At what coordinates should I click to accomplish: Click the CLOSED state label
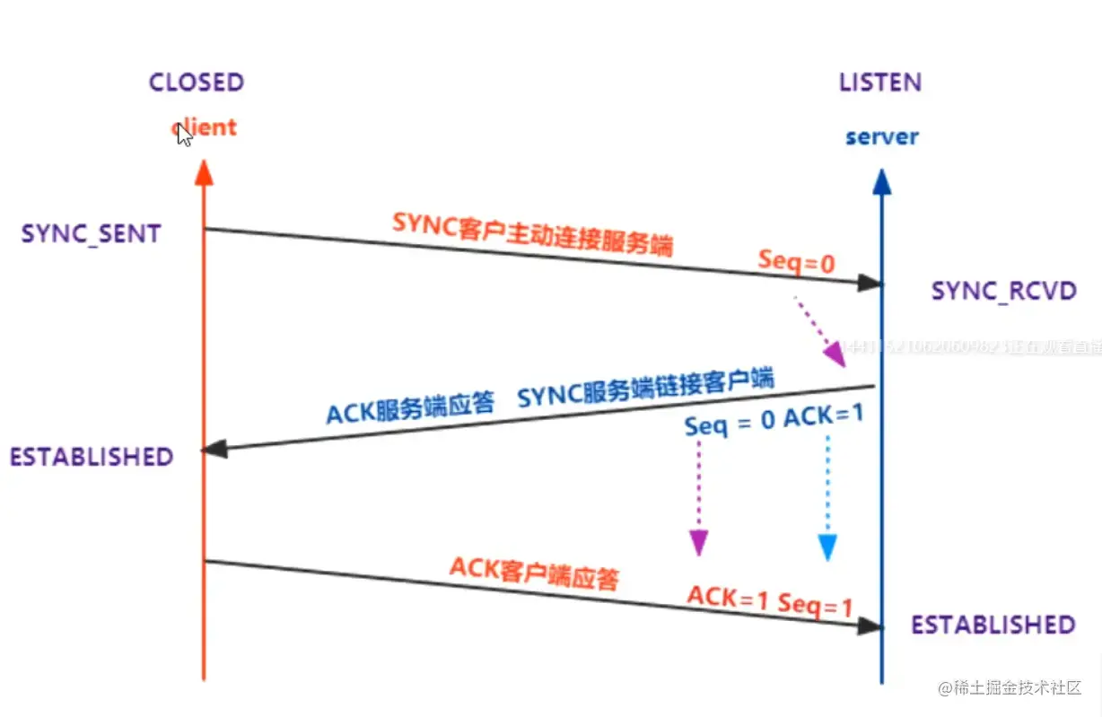pyautogui.click(x=197, y=83)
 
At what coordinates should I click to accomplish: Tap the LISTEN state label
pyautogui.click(x=880, y=83)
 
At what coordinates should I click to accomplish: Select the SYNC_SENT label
pyautogui.click(x=91, y=234)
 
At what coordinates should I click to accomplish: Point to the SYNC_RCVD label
pyautogui.click(x=1003, y=291)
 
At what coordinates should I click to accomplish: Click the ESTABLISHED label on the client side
pyautogui.click(x=91, y=456)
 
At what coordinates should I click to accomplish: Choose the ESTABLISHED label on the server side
pyautogui.click(x=993, y=625)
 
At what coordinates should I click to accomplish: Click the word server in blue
pyautogui.click(x=882, y=137)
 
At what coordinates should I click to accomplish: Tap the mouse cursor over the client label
pyautogui.click(x=184, y=136)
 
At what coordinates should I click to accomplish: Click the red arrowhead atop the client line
pyautogui.click(x=204, y=172)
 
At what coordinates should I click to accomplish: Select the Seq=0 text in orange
pyautogui.click(x=796, y=261)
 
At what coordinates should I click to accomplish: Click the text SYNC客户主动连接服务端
pyautogui.click(x=532, y=235)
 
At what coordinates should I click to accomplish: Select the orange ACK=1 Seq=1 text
pyautogui.click(x=769, y=600)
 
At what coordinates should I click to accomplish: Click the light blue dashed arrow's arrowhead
pyautogui.click(x=827, y=546)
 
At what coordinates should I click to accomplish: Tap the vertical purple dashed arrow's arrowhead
pyautogui.click(x=697, y=542)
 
